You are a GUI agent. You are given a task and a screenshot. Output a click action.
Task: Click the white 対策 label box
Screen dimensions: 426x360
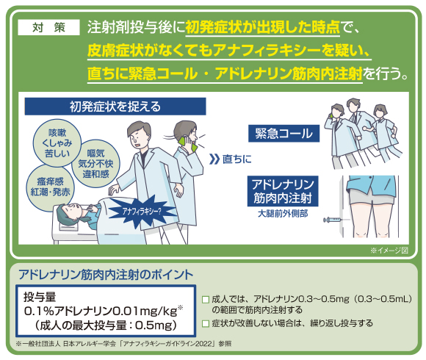click(48, 27)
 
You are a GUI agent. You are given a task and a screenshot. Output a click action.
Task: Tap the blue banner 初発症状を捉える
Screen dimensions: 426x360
click(115, 107)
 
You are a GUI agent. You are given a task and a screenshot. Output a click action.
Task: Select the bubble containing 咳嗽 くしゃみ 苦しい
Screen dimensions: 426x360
click(57, 143)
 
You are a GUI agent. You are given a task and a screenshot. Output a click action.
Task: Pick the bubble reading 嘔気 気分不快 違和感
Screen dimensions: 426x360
click(95, 164)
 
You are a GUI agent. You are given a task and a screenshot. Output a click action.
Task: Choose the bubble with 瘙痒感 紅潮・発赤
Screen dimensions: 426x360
click(50, 187)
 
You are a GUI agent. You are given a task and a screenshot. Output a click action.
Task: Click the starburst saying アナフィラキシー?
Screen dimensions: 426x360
click(142, 212)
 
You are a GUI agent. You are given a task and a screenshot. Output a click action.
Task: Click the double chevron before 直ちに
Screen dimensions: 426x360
click(214, 159)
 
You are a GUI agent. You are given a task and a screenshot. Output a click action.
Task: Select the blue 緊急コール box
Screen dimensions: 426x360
click(284, 134)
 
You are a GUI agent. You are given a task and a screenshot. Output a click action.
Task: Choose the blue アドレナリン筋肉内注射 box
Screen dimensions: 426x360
click(283, 191)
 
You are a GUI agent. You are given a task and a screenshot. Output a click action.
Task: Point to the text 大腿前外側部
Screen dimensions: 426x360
click(283, 214)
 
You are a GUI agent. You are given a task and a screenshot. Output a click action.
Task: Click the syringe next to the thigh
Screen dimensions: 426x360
click(333, 220)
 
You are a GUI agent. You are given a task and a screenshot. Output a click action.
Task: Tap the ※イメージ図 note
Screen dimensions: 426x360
click(389, 251)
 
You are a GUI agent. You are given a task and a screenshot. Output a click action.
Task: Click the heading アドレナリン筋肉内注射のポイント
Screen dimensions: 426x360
click(106, 275)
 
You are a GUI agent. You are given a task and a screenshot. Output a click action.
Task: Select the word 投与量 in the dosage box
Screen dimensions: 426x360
click(40, 297)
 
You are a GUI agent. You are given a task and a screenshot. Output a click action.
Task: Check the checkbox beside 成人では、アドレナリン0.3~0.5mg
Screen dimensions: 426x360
click(206, 300)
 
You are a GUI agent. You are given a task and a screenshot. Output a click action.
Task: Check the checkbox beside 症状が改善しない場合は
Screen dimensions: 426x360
click(206, 323)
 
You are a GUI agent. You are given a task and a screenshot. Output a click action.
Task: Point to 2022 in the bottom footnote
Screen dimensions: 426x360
click(203, 344)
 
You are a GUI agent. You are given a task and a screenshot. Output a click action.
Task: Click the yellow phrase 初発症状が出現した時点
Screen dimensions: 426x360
click(262, 27)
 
